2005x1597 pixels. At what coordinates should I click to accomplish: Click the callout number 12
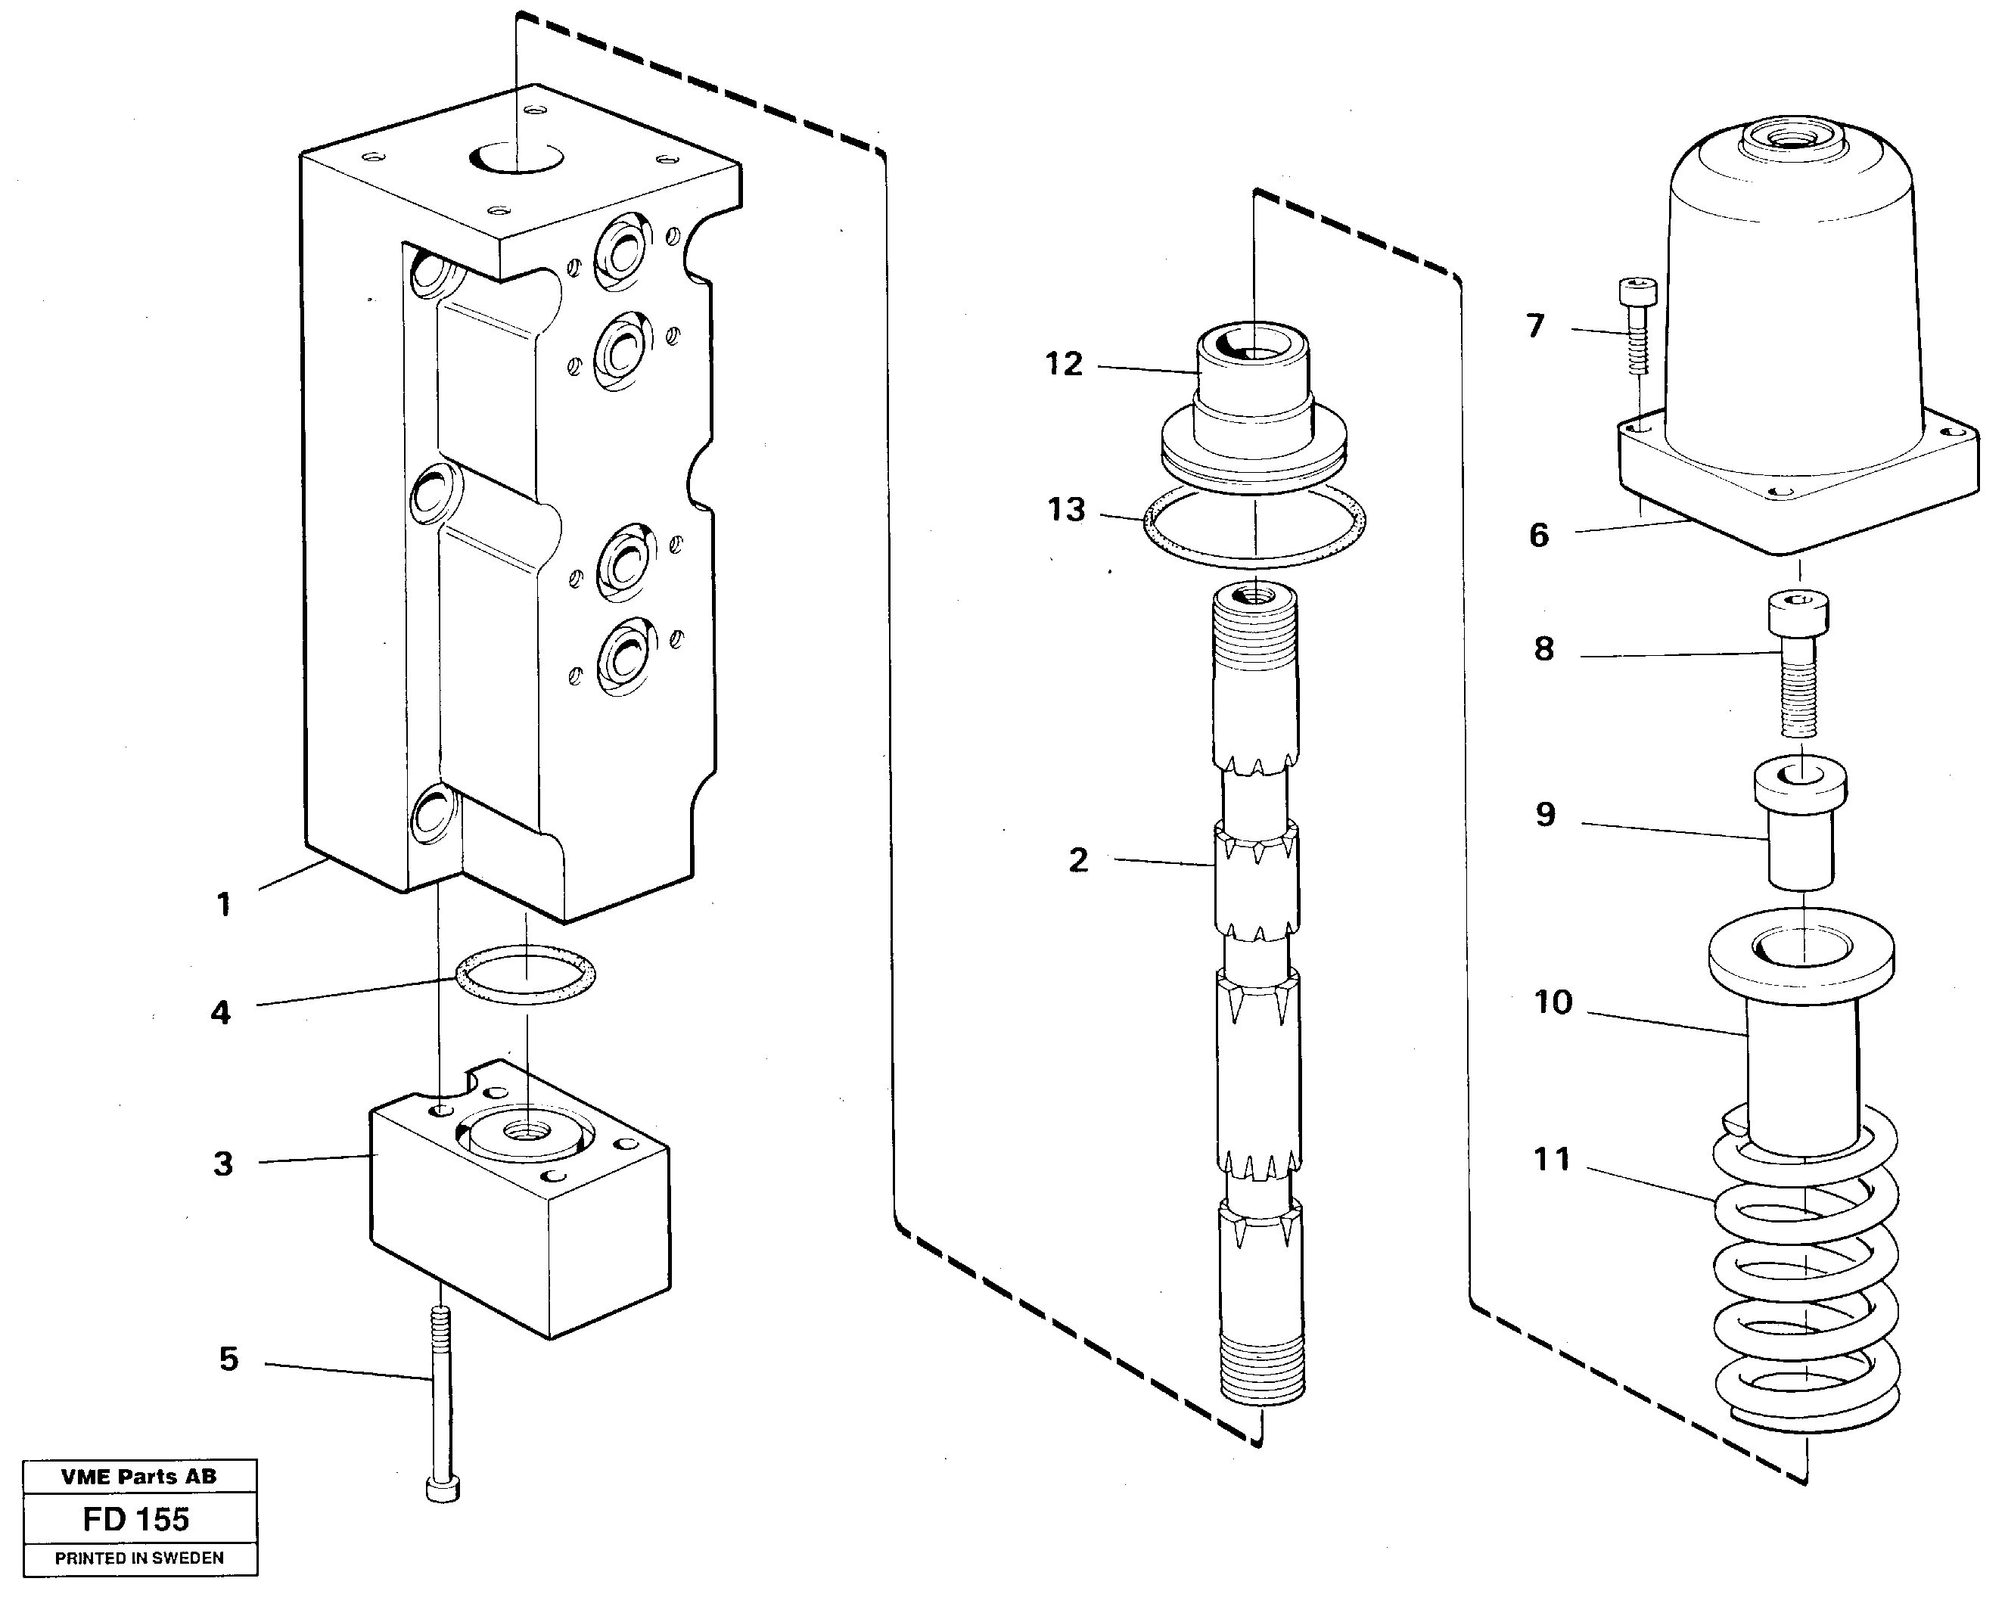[1064, 364]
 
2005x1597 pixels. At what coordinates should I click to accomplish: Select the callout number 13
[1066, 510]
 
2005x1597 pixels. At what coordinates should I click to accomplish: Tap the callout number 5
[228, 1359]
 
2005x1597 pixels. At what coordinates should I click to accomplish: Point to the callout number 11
[1551, 1159]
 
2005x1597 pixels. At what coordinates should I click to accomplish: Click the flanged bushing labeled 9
[1801, 828]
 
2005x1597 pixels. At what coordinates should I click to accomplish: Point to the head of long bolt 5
[443, 1490]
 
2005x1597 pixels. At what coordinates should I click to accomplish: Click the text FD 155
[137, 1520]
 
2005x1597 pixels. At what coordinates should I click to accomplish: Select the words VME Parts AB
[138, 1477]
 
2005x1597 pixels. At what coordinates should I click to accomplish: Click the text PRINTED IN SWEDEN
[138, 1558]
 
